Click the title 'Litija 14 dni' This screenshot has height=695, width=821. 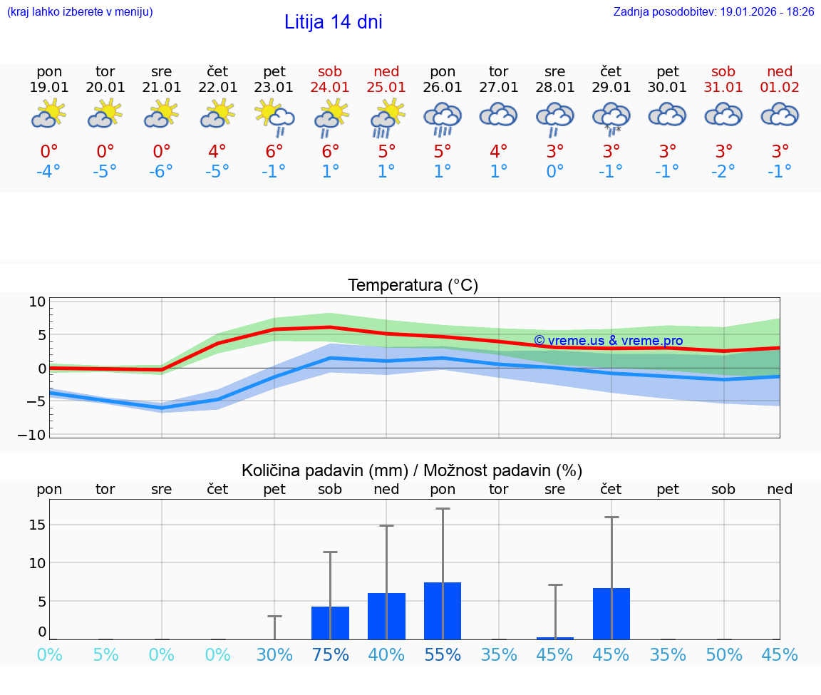pyautogui.click(x=333, y=22)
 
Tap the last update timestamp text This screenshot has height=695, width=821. pyautogui.click(x=713, y=12)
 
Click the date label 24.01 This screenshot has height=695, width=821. pyautogui.click(x=330, y=88)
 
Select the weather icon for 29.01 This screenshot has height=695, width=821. pyautogui.click(x=611, y=118)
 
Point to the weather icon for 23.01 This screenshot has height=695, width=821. pyautogui.click(x=274, y=118)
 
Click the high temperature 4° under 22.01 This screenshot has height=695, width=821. pyautogui.click(x=217, y=151)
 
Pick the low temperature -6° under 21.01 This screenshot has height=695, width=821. pyautogui.click(x=162, y=172)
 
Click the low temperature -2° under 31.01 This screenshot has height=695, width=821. pyautogui.click(x=723, y=172)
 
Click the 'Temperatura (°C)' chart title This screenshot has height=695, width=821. pyautogui.click(x=413, y=286)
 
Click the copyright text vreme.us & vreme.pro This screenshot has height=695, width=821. pyautogui.click(x=608, y=341)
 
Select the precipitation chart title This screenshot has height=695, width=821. pyautogui.click(x=411, y=470)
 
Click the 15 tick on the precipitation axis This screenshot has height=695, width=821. pyautogui.click(x=37, y=525)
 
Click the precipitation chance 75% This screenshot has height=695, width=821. pyautogui.click(x=330, y=654)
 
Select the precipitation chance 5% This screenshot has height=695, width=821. pyautogui.click(x=105, y=654)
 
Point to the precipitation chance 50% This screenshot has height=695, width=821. pyautogui.click(x=724, y=654)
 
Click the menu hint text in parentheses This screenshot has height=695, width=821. pyautogui.click(x=80, y=12)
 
